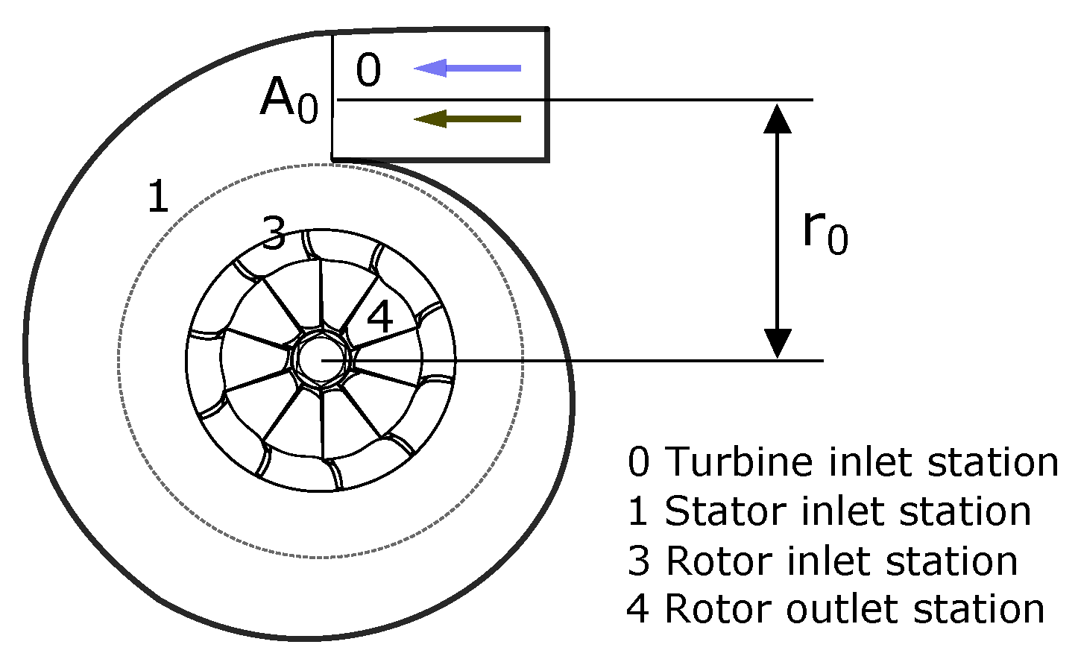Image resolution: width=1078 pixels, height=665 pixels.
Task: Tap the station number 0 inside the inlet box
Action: pyautogui.click(x=368, y=71)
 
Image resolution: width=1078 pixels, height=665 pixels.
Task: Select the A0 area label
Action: pyautogui.click(x=289, y=100)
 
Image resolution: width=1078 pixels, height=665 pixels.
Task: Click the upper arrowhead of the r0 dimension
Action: pyautogui.click(x=778, y=118)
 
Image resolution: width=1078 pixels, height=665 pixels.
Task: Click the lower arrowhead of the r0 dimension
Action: pyautogui.click(x=778, y=342)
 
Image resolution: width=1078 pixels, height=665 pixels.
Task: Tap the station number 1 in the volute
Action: pyautogui.click(x=158, y=197)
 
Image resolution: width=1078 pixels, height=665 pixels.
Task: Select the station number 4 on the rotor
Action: pyautogui.click(x=380, y=318)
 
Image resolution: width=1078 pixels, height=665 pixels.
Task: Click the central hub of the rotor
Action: pyautogui.click(x=321, y=360)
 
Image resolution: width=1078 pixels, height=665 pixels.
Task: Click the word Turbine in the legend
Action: pyautogui.click(x=739, y=461)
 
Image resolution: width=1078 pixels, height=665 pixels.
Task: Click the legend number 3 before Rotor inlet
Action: pyautogui.click(x=639, y=561)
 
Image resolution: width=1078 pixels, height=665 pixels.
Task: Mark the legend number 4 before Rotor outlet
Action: pyautogui.click(x=638, y=609)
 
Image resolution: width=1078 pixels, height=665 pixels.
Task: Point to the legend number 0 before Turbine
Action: pyautogui.click(x=639, y=462)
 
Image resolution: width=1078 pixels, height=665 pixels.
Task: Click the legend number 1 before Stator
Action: pyautogui.click(x=639, y=511)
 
